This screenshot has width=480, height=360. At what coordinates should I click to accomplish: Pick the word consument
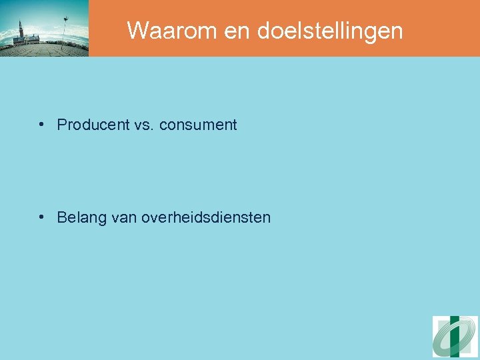[198, 125]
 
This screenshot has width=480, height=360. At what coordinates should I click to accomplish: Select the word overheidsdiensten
[206, 217]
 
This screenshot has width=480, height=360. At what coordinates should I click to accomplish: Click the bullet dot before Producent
[42, 124]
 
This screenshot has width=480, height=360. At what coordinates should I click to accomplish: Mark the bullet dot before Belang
[42, 217]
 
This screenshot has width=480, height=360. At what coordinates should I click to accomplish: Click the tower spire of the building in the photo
[21, 25]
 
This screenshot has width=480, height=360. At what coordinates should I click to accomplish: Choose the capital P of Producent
[62, 125]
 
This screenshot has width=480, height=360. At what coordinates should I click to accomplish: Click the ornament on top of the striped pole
[65, 19]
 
